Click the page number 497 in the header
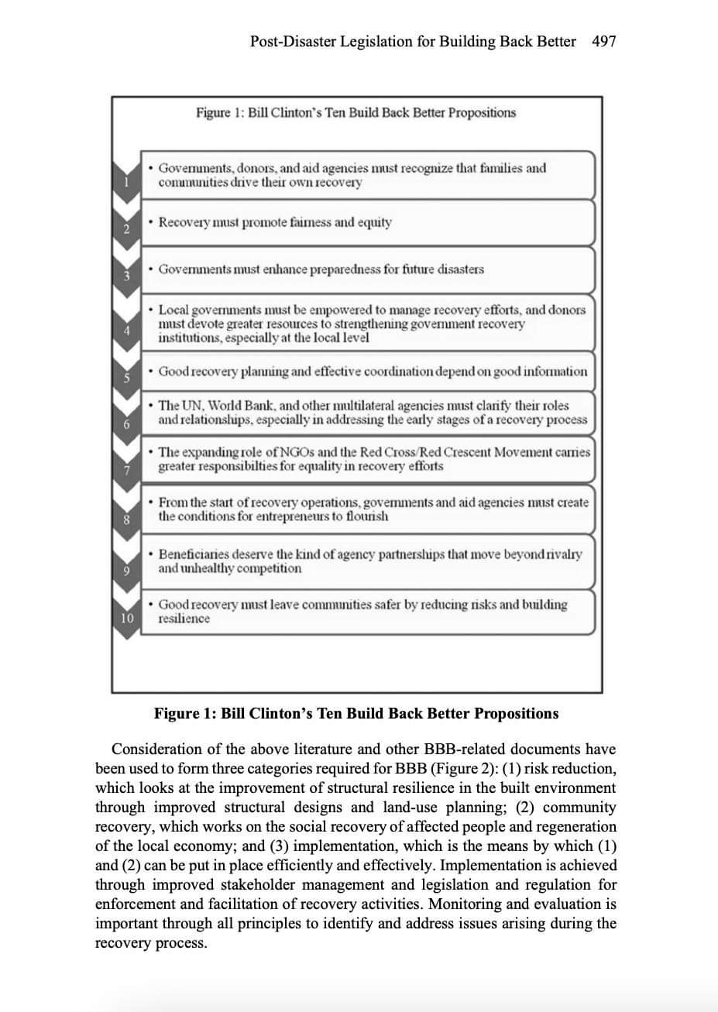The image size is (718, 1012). [603, 42]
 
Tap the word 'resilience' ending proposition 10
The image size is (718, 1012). [184, 619]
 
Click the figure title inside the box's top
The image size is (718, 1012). [356, 113]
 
